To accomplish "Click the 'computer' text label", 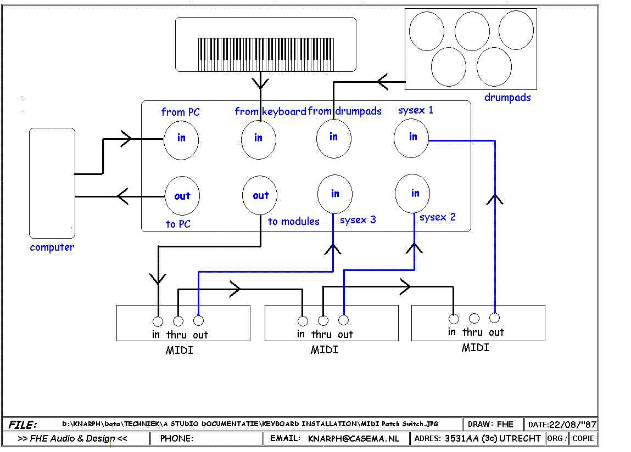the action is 52,247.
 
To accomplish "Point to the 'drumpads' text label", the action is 507,97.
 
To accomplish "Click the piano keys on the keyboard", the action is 266,54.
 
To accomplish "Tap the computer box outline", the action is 29,183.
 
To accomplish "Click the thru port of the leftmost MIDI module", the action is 178,321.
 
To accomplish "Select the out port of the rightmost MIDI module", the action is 495,318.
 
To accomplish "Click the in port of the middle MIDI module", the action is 303,321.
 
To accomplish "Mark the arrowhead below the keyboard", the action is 260,83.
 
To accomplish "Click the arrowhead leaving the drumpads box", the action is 383,82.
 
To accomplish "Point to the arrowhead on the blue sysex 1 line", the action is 495,200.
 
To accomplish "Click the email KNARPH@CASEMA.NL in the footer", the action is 354,438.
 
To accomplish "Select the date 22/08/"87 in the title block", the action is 573,425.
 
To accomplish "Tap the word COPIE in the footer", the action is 583,438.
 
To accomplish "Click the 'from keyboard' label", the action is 270,111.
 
